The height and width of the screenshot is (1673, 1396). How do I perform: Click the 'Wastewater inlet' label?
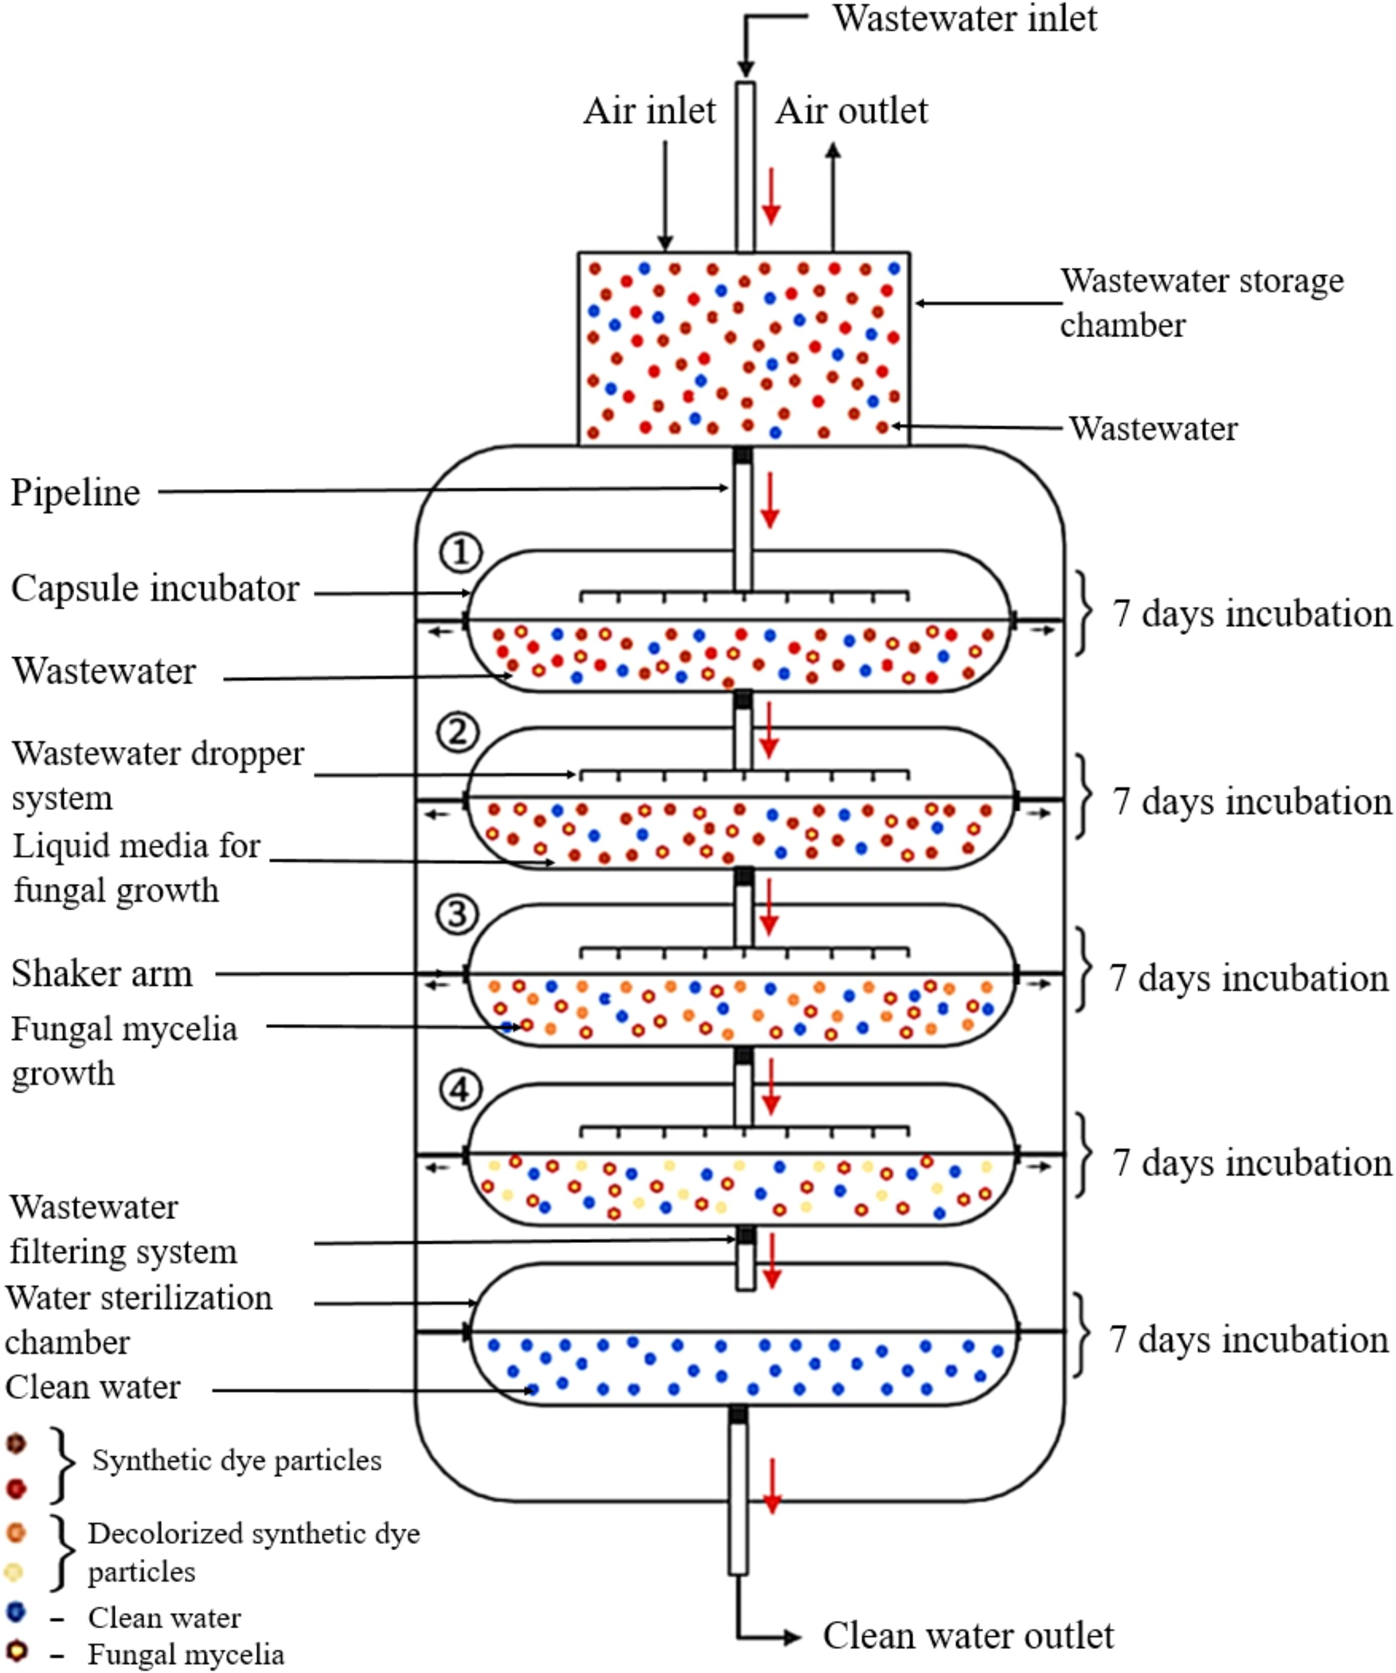tap(964, 19)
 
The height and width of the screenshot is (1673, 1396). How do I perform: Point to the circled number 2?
tap(458, 732)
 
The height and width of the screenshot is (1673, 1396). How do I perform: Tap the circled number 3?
tap(457, 914)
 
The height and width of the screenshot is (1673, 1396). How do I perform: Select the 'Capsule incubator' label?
tap(155, 589)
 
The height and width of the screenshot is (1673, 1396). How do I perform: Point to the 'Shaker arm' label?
tap(102, 974)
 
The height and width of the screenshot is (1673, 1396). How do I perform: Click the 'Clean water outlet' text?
tap(968, 1636)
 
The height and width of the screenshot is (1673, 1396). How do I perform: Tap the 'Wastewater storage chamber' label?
tap(1201, 303)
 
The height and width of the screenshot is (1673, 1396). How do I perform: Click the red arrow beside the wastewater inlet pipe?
tap(770, 196)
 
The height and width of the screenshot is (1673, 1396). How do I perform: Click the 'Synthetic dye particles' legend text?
tap(236, 1460)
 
